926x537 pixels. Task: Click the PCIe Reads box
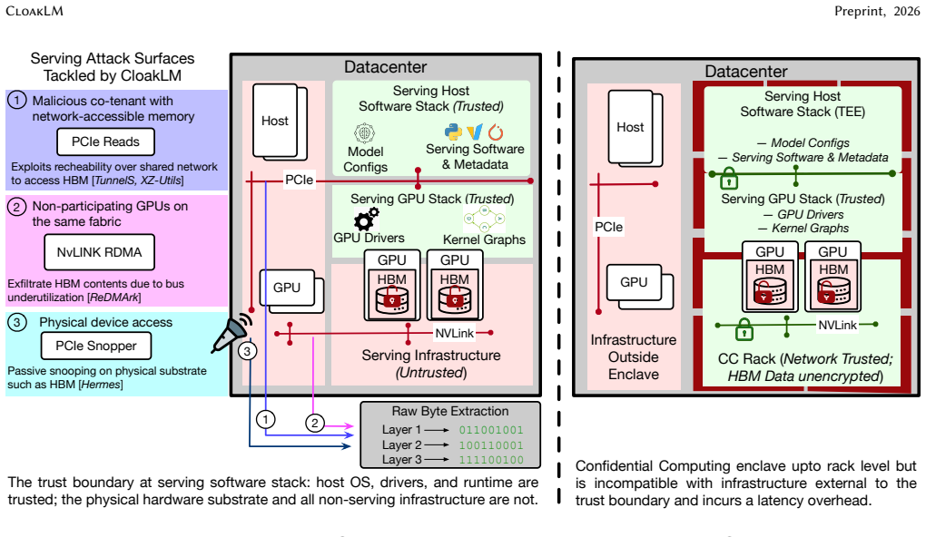(x=105, y=142)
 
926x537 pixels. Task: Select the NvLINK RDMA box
(x=99, y=252)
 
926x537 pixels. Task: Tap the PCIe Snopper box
(x=95, y=346)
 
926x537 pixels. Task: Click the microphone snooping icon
(x=231, y=333)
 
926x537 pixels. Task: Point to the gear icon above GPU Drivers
(x=366, y=219)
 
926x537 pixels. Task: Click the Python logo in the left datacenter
(x=453, y=131)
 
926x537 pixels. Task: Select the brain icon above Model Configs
(x=364, y=132)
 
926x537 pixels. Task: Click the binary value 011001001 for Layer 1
(x=491, y=430)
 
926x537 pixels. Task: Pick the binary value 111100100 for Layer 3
(x=491, y=460)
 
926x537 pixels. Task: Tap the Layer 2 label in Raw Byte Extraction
(x=401, y=445)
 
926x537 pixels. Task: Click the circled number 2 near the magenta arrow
(x=315, y=423)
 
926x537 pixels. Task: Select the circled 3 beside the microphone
(x=248, y=352)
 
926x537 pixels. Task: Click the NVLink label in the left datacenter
(x=454, y=334)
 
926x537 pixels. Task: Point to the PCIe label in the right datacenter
(x=609, y=227)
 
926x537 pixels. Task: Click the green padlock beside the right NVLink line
(x=744, y=329)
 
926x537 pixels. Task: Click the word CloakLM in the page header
(x=34, y=11)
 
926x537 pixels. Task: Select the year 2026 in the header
(x=907, y=11)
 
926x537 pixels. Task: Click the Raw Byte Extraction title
(x=450, y=411)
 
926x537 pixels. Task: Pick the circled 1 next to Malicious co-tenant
(x=16, y=101)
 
